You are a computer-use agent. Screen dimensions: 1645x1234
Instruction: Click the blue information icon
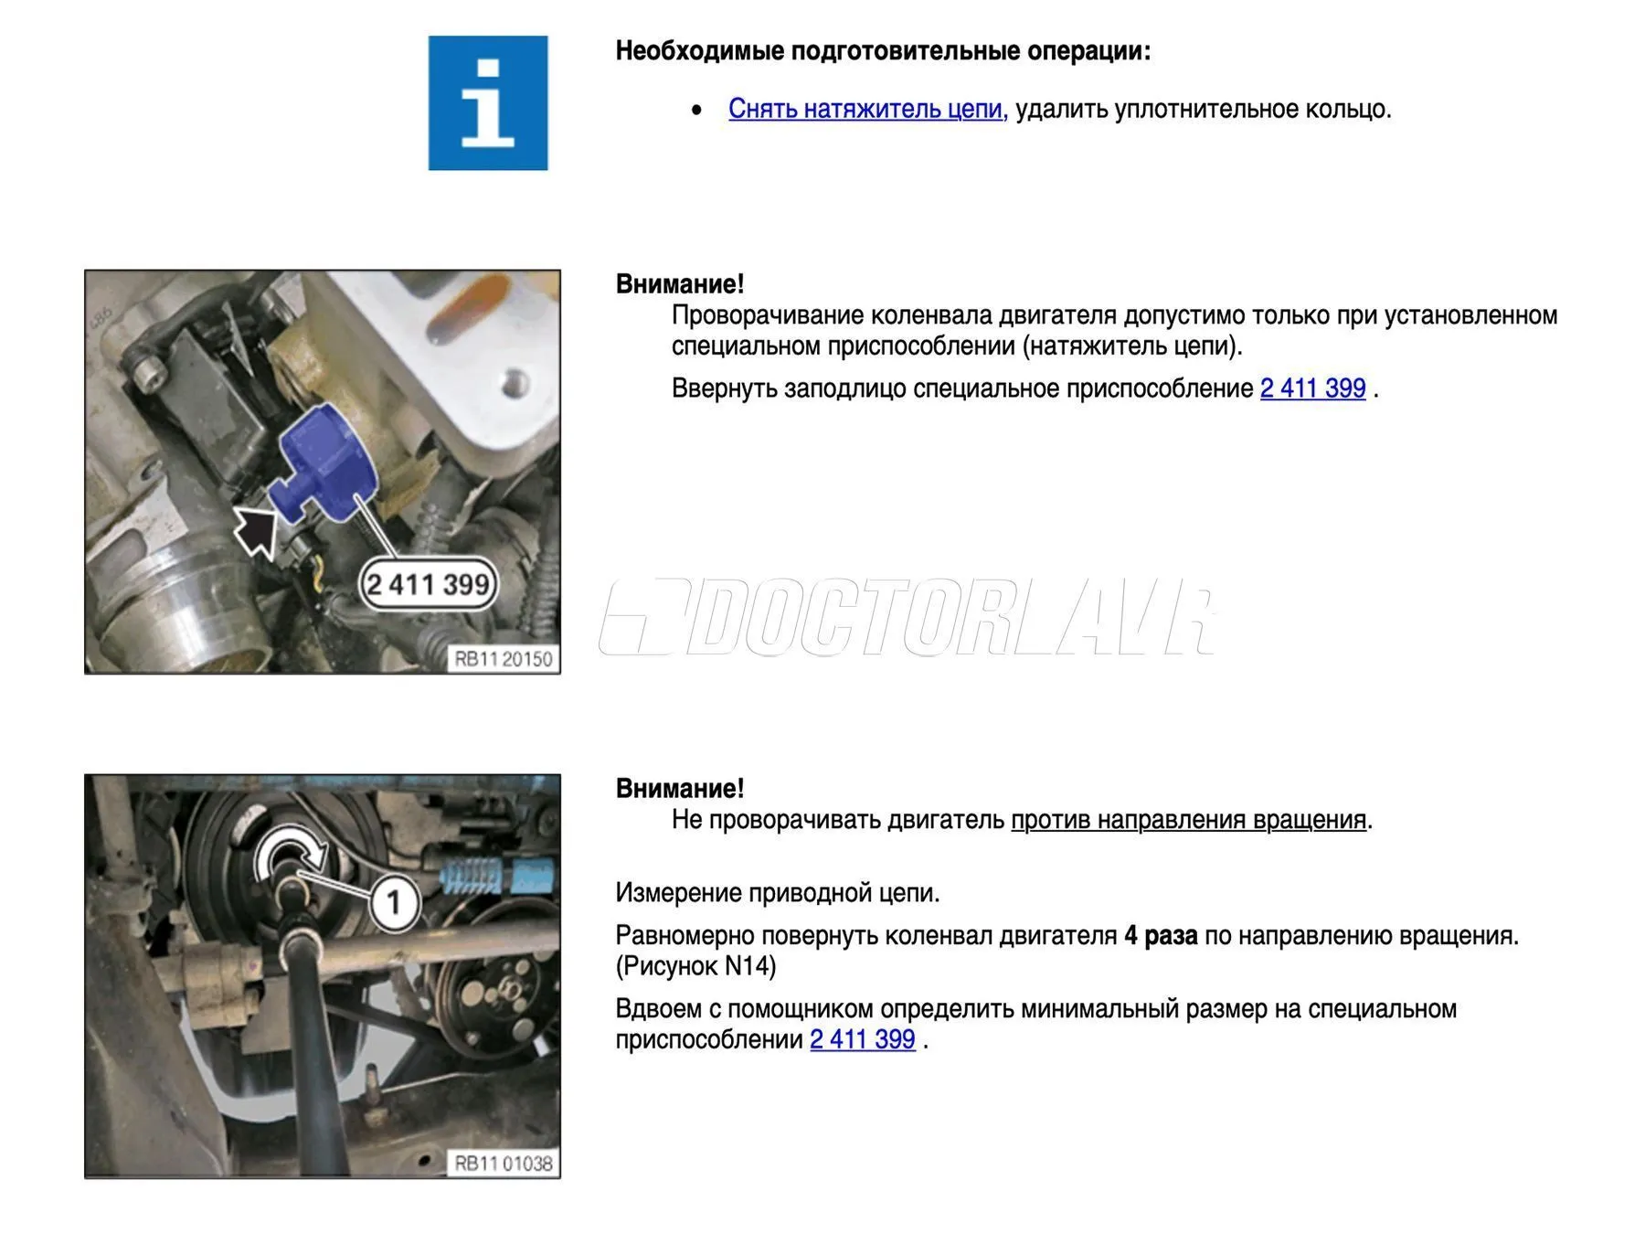click(488, 103)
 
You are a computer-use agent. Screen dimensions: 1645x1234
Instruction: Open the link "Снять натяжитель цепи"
click(865, 109)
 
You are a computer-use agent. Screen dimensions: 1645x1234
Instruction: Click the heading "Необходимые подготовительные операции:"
click(883, 51)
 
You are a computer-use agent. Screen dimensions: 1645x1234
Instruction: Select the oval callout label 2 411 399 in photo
click(428, 583)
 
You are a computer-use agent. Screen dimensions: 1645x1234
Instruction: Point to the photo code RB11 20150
click(504, 659)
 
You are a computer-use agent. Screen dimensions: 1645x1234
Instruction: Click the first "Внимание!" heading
click(680, 284)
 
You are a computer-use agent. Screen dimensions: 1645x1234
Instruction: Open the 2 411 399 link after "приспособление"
click(1312, 388)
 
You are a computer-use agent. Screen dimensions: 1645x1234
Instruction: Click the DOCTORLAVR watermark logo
click(907, 617)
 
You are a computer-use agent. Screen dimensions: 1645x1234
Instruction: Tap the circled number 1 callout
click(394, 903)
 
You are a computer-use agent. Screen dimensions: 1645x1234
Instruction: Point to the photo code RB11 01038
click(504, 1164)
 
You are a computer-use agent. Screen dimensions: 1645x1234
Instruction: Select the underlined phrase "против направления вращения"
click(1188, 820)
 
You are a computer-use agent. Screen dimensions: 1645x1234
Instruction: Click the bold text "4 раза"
click(1161, 936)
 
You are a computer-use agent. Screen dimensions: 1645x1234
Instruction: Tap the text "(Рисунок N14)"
click(695, 966)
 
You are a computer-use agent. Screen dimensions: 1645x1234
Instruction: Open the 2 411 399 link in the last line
click(863, 1039)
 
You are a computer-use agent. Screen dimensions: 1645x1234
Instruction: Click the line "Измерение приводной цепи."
click(778, 893)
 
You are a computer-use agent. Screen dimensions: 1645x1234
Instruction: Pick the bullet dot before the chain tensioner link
click(697, 111)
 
